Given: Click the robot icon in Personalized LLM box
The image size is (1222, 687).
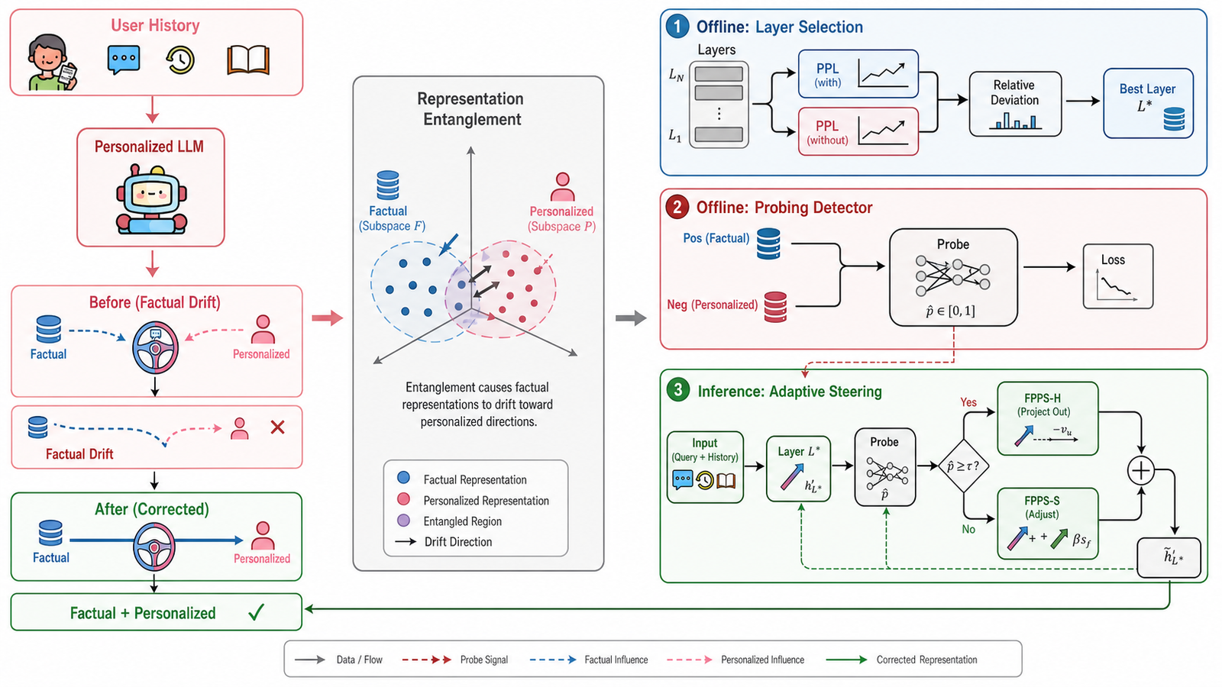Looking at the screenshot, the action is [151, 199].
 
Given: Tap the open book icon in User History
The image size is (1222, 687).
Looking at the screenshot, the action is [248, 60].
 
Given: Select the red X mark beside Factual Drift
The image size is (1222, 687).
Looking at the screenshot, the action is [278, 427].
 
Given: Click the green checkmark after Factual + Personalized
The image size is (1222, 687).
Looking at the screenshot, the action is [256, 612].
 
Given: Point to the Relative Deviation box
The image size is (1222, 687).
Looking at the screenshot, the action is [1015, 104].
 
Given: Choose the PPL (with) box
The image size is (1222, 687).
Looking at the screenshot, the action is [858, 74].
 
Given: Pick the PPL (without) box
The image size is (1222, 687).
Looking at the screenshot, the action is [858, 131].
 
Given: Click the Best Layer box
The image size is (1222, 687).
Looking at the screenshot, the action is [1149, 103].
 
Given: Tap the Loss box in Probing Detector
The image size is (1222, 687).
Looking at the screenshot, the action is [1118, 276].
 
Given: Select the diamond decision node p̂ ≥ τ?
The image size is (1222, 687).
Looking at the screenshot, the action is [963, 466].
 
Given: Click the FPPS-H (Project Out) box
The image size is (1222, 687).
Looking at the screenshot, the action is [1047, 418].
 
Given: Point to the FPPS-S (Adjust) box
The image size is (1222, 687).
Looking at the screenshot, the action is [1047, 524].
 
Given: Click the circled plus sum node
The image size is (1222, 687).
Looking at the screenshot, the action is [1141, 470].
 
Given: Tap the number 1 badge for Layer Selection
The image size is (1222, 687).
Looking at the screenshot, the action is [677, 26].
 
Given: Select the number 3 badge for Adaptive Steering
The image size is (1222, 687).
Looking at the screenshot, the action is [677, 390].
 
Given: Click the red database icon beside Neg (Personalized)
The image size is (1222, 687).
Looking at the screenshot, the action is [775, 306].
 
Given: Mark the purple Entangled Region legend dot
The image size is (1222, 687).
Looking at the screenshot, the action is [404, 520].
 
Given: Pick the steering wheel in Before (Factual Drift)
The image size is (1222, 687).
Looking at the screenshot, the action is [156, 348].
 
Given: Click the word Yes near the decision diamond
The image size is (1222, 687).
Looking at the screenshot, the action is [968, 402].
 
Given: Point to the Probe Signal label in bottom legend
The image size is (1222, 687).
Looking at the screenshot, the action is [484, 660].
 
